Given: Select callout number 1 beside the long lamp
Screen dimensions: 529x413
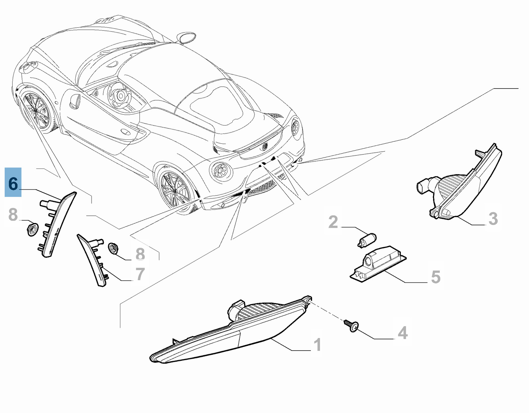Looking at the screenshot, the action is click(317, 345).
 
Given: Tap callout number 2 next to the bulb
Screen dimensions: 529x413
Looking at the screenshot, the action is click(333, 222).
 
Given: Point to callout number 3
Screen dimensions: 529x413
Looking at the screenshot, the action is click(493, 219).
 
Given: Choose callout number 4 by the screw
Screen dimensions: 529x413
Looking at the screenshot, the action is click(403, 333).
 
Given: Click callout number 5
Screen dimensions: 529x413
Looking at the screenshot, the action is click(436, 277).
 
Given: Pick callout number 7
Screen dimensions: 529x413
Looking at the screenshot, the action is click(140, 274).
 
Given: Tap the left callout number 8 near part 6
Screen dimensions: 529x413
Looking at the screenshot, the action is click(13, 214).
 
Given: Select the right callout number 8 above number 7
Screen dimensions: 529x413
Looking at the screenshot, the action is click(140, 254).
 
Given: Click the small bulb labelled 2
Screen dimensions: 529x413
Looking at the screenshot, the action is click(367, 240).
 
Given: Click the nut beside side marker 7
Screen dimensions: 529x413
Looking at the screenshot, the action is click(113, 248).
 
